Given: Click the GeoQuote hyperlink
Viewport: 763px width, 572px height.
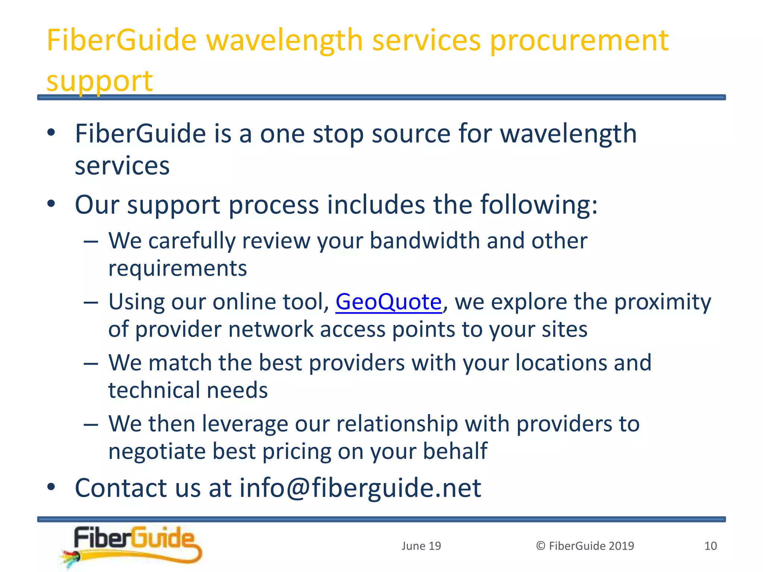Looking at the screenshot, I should (x=388, y=302).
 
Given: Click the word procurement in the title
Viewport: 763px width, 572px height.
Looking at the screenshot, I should (x=579, y=41).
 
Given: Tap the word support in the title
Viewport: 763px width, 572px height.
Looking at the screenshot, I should (x=99, y=81).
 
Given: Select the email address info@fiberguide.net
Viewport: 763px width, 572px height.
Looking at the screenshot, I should (x=360, y=488).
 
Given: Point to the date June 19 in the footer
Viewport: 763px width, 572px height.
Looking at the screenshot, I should (x=421, y=546).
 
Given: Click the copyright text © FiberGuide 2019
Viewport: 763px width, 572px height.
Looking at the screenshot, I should (x=585, y=546).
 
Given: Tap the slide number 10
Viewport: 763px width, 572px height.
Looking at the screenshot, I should (x=710, y=546).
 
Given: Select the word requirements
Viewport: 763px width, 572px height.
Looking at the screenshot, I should (x=177, y=268).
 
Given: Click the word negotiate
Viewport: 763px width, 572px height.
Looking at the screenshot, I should (x=157, y=452).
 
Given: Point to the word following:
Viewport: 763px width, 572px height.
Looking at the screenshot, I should (x=539, y=205).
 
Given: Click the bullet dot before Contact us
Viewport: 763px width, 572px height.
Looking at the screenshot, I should (x=51, y=487).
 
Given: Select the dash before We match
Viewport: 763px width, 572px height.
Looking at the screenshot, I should (x=91, y=363).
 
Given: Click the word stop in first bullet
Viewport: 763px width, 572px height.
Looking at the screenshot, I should (x=338, y=134).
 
